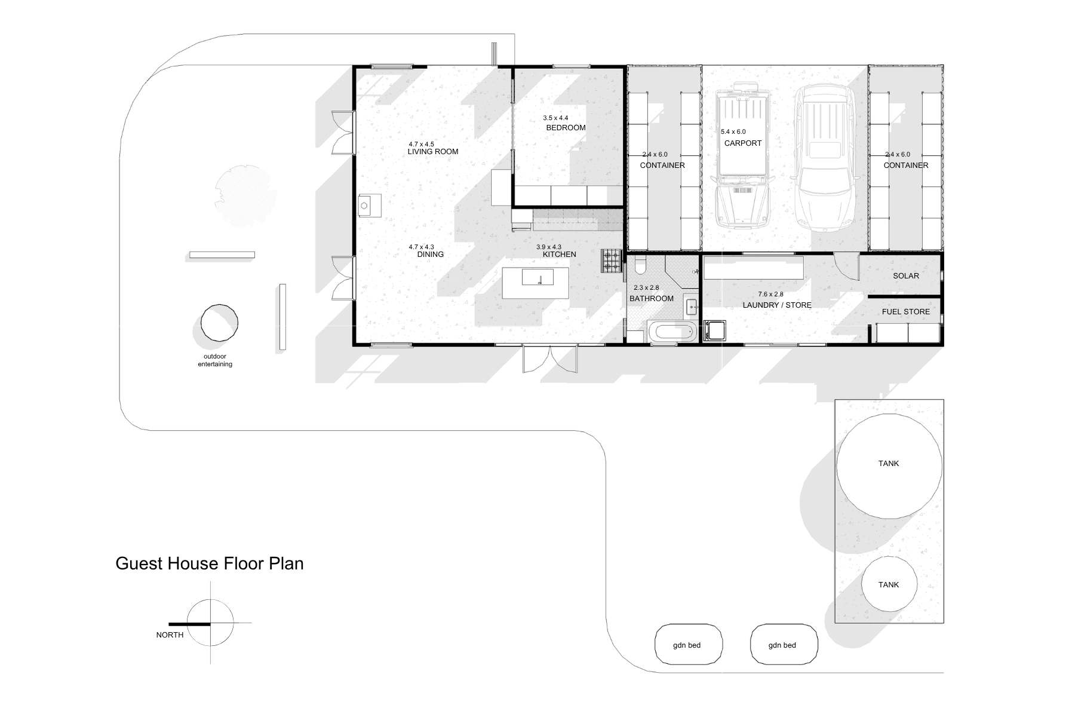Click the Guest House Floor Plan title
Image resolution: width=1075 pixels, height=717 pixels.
pyautogui.click(x=209, y=563)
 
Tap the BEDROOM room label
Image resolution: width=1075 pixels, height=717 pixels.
pyautogui.click(x=566, y=128)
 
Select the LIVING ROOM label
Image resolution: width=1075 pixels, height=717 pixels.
pyautogui.click(x=433, y=152)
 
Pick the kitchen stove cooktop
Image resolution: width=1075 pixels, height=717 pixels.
pyautogui.click(x=612, y=261)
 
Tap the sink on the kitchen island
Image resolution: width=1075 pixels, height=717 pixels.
pyautogui.click(x=537, y=277)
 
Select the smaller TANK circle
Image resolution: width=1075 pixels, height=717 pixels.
pyautogui.click(x=889, y=584)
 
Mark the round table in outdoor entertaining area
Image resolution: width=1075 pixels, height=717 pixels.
pyautogui.click(x=219, y=323)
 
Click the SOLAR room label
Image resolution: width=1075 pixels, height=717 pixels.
pyautogui.click(x=906, y=276)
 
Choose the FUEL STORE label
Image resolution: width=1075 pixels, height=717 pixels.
pyautogui.click(x=906, y=312)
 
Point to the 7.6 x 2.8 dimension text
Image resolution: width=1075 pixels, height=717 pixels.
pyautogui.click(x=770, y=295)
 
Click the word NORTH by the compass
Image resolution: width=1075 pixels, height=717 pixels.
pyautogui.click(x=170, y=635)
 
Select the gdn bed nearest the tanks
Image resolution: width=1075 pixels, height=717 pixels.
pyautogui.click(x=784, y=645)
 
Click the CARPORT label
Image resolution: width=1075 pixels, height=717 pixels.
pyautogui.click(x=743, y=143)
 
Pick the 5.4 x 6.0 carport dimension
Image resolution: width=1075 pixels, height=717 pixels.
pyautogui.click(x=733, y=132)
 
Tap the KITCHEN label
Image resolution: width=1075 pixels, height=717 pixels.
pyautogui.click(x=559, y=255)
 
